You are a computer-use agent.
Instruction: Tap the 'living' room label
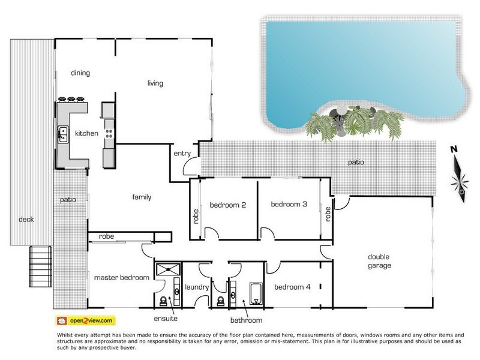pos(155,83)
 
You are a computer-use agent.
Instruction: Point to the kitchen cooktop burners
pos(109,128)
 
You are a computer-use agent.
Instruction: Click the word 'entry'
pos(182,154)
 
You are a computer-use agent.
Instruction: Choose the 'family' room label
pos(142,197)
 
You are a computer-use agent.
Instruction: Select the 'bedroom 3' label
pos(289,205)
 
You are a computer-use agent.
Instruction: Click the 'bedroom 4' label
pos(292,287)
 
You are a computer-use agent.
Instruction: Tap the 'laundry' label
pos(196,287)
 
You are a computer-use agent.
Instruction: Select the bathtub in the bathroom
pos(254,293)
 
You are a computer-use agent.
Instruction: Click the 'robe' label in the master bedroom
pos(107,236)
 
